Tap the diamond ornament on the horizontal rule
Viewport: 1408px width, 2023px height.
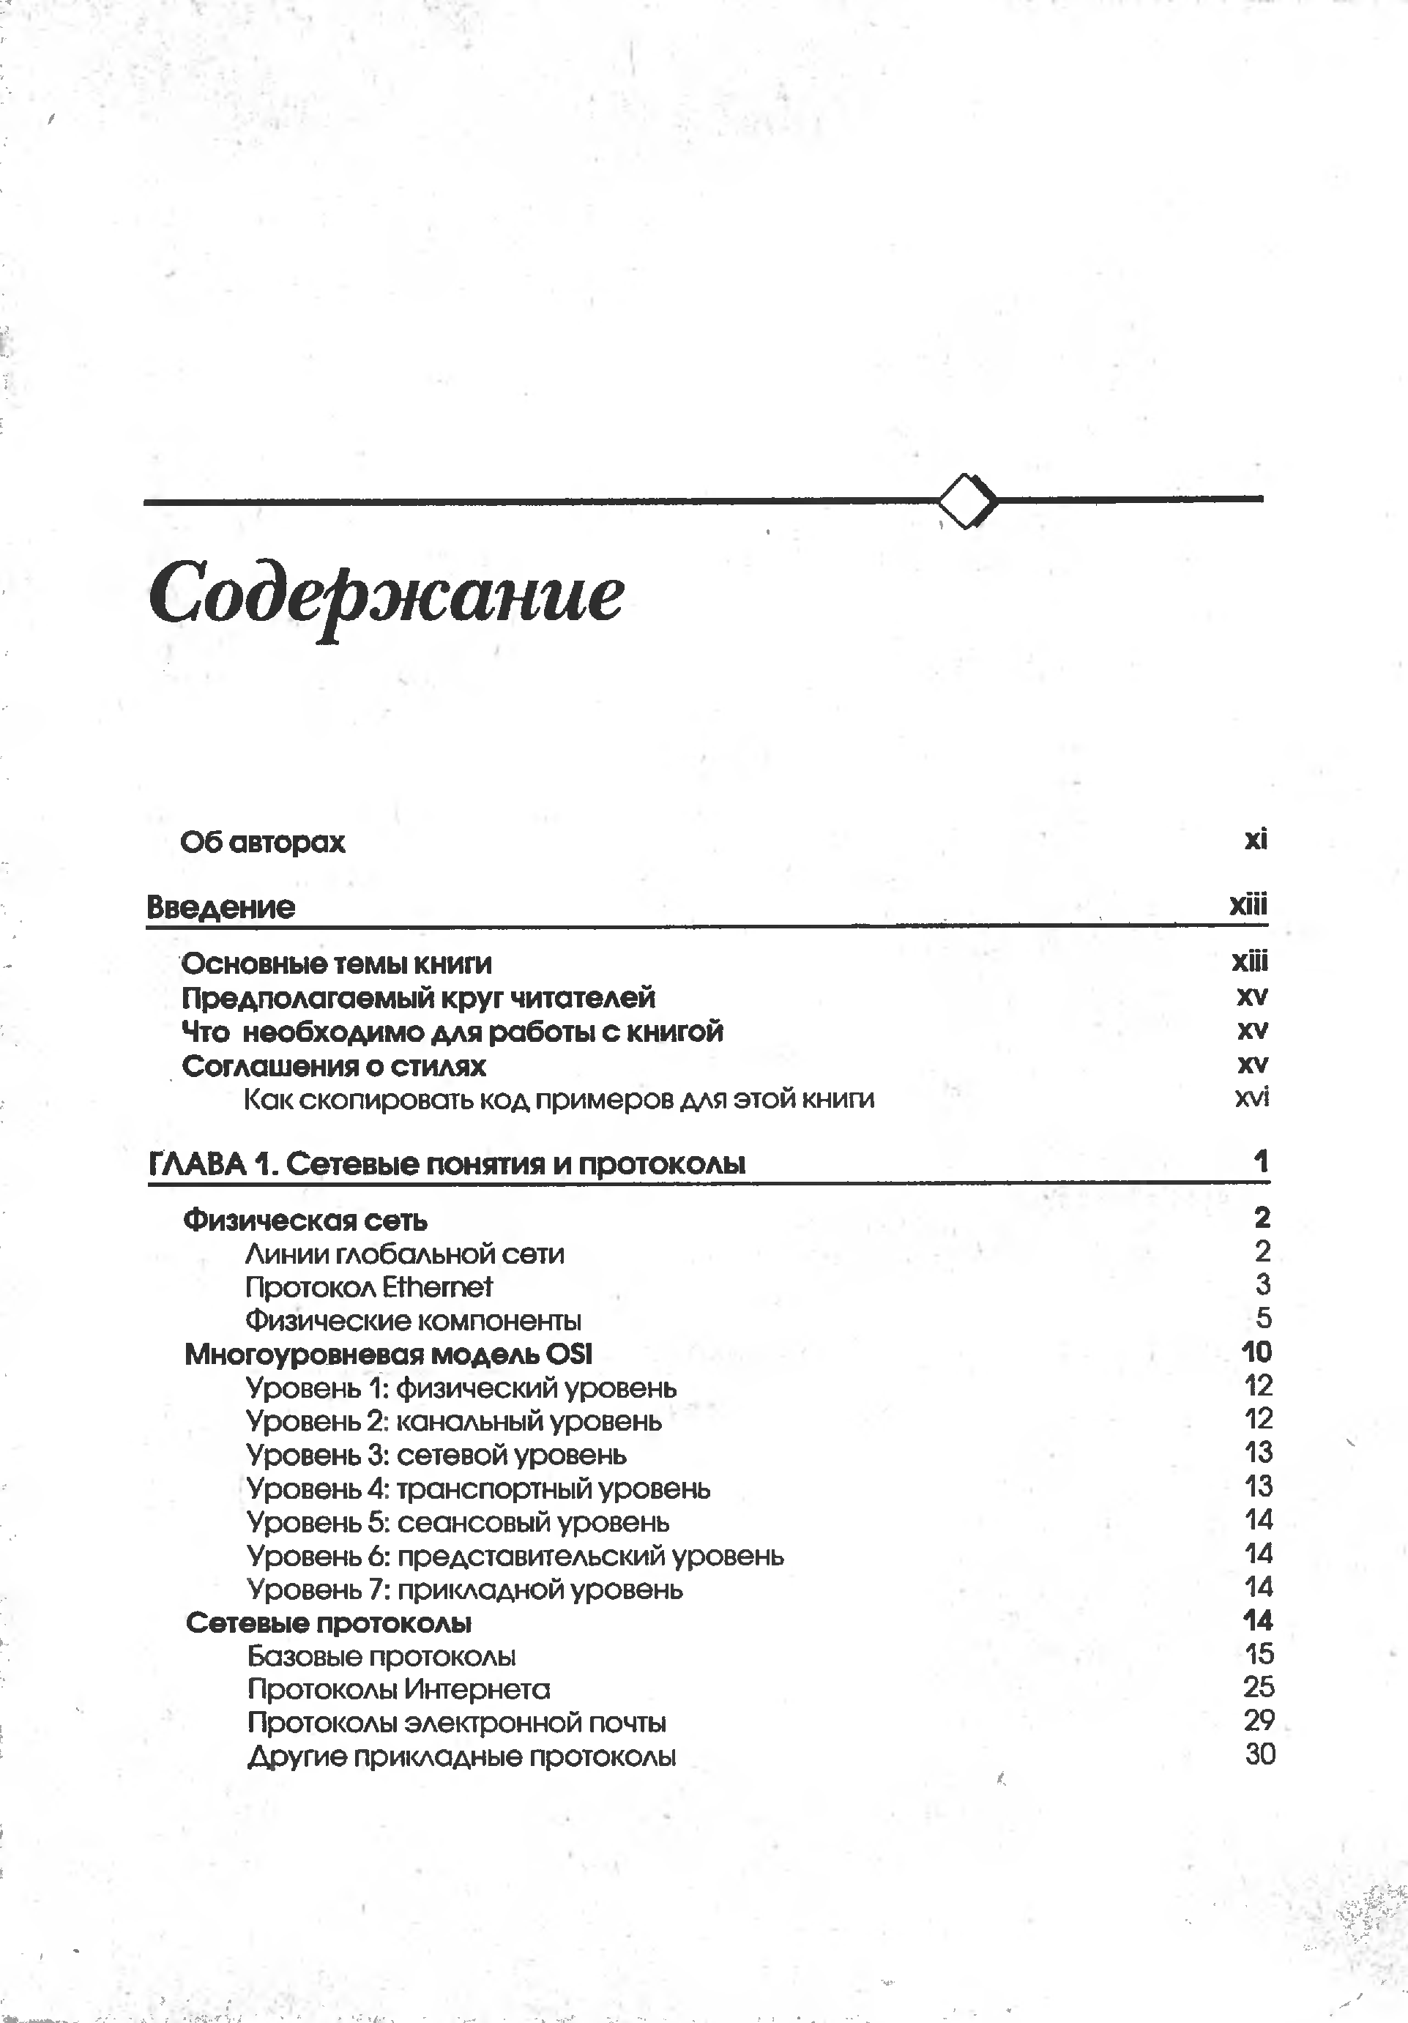click(966, 501)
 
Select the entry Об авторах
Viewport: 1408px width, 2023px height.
click(263, 842)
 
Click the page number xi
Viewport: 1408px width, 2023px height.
click(1256, 839)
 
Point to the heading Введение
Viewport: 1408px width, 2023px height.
click(221, 906)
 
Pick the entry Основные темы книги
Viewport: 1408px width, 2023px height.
click(337, 964)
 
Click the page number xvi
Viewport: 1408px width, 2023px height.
click(1252, 1097)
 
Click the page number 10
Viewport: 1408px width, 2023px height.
click(1256, 1352)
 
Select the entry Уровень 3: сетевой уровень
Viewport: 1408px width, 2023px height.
click(436, 1455)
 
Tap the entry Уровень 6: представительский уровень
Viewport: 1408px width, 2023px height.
click(515, 1556)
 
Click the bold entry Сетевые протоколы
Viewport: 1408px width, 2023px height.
click(329, 1623)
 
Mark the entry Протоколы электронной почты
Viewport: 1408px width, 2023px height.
click(456, 1723)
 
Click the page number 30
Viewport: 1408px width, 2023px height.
click(1260, 1754)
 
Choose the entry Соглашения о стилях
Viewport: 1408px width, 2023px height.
click(334, 1066)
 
